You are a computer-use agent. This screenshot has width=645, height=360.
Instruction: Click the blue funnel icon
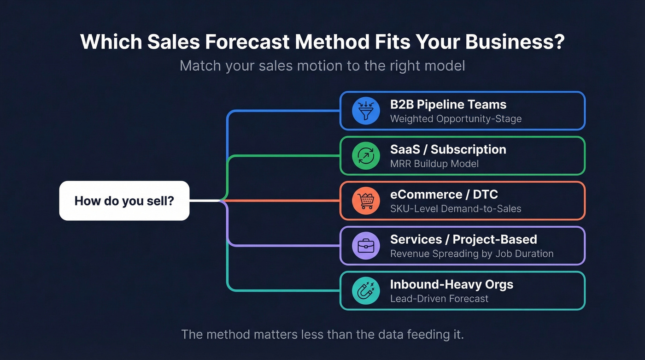[366, 111]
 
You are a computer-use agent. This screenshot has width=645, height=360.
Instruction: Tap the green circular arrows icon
[366, 156]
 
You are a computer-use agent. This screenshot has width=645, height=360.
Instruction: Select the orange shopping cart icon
[366, 201]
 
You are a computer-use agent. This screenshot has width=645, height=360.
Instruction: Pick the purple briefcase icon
[366, 246]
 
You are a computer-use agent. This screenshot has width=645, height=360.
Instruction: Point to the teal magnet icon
[366, 291]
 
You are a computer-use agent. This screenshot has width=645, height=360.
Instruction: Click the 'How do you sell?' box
[124, 201]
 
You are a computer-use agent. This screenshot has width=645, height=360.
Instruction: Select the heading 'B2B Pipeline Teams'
[448, 105]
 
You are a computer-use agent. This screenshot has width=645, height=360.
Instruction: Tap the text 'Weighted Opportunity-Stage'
[456, 119]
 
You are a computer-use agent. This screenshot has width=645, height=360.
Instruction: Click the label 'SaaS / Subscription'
[448, 149]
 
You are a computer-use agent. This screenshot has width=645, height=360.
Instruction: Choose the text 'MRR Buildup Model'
[434, 164]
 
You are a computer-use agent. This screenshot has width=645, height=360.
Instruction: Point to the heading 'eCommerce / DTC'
[444, 195]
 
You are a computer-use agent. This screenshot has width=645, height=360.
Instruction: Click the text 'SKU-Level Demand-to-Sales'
[455, 209]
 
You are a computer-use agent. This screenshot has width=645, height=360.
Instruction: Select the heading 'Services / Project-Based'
[463, 239]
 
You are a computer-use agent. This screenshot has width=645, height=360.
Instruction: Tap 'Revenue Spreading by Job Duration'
[471, 254]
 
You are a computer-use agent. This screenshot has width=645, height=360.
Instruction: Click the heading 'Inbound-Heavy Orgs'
[451, 284]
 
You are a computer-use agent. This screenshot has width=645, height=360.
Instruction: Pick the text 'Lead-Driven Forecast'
[439, 299]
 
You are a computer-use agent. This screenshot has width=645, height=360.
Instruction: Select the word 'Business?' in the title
[515, 41]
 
